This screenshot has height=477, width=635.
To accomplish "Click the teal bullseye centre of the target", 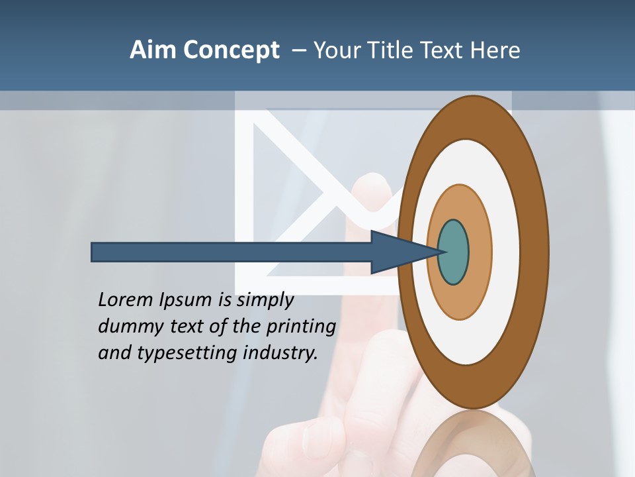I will (454, 252).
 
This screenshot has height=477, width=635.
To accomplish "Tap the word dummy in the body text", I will (126, 327).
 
